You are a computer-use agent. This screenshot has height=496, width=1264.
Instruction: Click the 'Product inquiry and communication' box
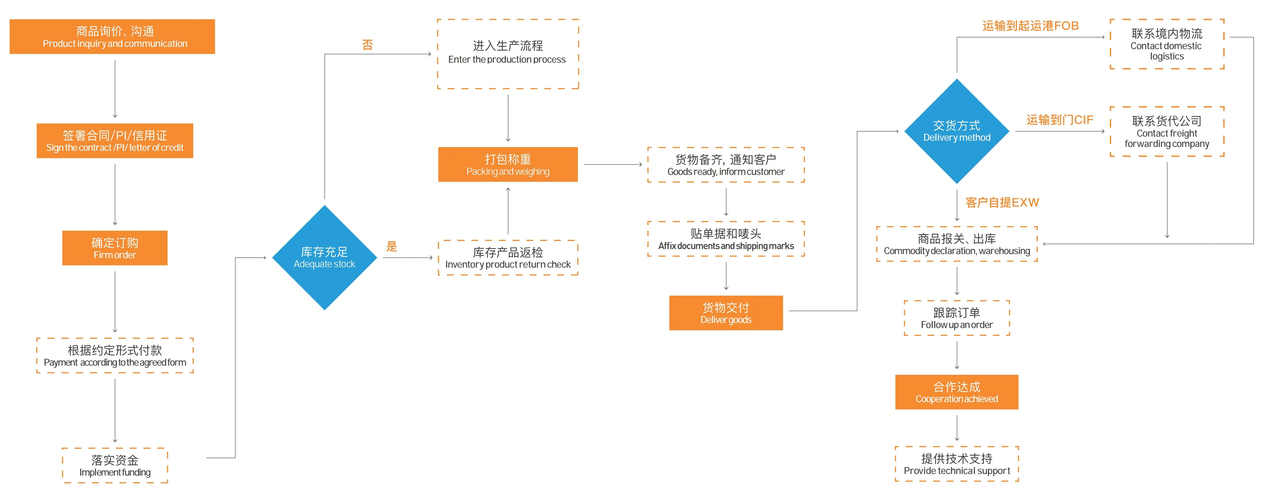[112, 37]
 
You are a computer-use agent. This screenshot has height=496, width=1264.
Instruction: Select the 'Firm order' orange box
[115, 248]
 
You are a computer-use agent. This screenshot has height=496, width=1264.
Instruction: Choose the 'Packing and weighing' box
[508, 165]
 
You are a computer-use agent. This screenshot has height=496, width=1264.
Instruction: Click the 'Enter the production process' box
[508, 54]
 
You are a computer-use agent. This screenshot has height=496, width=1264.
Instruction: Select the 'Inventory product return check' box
[508, 258]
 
